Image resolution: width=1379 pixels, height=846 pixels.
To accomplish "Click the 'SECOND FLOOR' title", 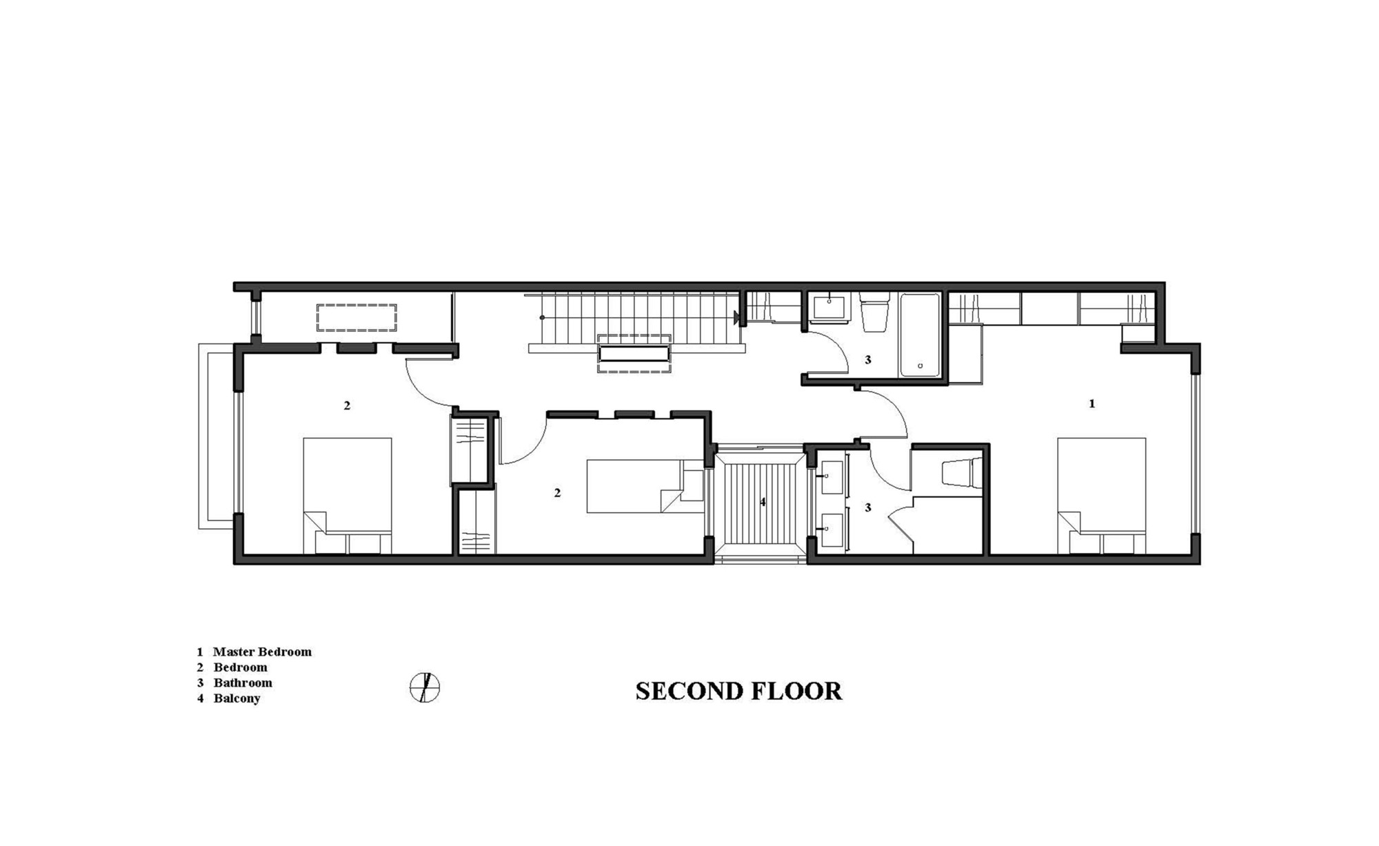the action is tap(738, 691).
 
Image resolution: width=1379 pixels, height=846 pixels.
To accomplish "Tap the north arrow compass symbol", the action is tap(425, 687).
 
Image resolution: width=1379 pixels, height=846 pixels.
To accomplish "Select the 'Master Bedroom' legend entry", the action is tap(262, 652).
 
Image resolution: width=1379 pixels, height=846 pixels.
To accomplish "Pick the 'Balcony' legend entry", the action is tap(236, 698).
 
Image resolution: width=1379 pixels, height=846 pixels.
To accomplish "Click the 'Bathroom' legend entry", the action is tap(243, 683).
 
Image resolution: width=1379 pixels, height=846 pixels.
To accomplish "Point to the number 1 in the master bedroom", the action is tap(1091, 403).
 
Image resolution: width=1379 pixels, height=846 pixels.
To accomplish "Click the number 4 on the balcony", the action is tap(763, 502).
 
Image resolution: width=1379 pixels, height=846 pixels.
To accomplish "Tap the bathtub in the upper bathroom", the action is tap(919, 334).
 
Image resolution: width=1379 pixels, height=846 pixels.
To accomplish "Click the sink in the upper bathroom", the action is tap(829, 308).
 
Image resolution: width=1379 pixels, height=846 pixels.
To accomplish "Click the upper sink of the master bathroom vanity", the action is tap(833, 477).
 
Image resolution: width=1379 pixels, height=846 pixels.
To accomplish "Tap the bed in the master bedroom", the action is tap(1101, 496).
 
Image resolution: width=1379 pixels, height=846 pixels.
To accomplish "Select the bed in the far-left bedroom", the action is tap(348, 496).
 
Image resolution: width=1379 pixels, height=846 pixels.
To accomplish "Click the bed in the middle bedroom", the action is tap(645, 486).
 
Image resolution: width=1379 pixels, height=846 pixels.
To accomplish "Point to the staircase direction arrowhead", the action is tap(738, 318).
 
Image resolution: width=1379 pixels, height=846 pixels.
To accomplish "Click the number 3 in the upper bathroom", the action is tap(868, 359).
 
